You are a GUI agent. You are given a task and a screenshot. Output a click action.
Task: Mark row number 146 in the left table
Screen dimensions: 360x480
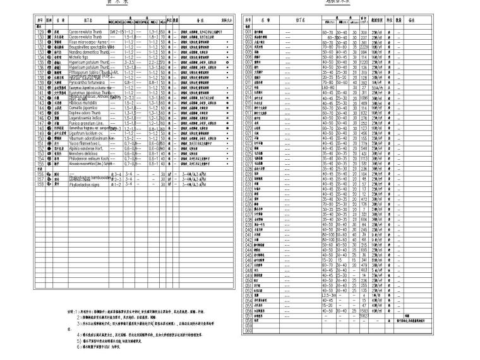click(x=39, y=118)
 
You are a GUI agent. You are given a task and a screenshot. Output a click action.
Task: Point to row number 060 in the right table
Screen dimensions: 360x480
click(x=248, y=330)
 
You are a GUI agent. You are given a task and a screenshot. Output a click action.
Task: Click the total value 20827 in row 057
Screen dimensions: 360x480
click(x=364, y=315)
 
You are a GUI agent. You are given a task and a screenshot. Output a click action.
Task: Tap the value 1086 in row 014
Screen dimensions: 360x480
click(x=364, y=98)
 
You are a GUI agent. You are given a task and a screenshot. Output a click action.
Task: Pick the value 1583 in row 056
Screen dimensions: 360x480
click(x=364, y=310)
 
